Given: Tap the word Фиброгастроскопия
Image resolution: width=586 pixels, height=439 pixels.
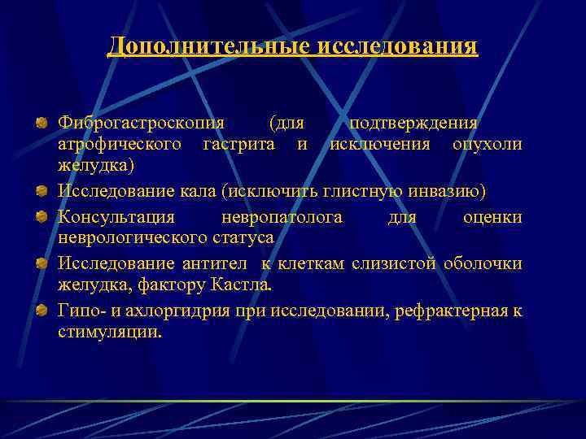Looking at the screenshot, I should click(x=141, y=123).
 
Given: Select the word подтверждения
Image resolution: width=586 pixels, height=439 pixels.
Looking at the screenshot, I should click(x=412, y=123).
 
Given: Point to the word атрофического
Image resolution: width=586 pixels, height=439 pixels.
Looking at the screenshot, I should click(x=120, y=144).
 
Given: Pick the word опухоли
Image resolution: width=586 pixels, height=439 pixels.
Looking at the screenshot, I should click(x=488, y=144).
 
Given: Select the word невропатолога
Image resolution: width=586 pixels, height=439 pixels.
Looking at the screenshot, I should click(x=282, y=217).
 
